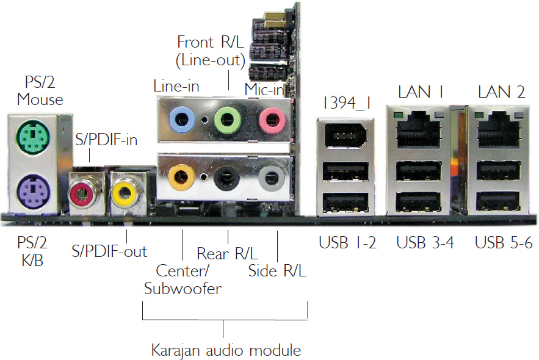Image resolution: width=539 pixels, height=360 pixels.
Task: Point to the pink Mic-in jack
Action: coord(271,118)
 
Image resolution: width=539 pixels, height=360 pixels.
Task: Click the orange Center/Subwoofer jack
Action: coord(182,177)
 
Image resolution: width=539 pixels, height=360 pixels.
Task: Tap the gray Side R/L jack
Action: coord(269,178)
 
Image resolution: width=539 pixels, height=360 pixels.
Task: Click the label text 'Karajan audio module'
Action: coord(226,350)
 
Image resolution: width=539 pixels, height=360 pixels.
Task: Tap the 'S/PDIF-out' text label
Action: coord(109,250)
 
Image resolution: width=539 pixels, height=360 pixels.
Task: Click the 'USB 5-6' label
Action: coord(504,243)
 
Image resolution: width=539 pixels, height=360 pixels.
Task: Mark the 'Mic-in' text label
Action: coord(265,89)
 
